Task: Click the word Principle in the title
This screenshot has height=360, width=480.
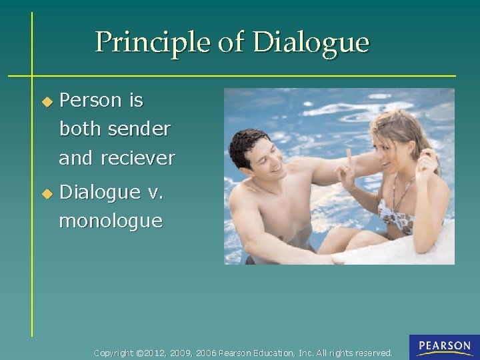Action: click(153, 43)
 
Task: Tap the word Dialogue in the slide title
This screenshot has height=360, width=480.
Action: click(311, 43)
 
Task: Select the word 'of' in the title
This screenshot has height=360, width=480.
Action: click(231, 43)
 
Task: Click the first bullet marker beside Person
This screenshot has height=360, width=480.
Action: click(46, 102)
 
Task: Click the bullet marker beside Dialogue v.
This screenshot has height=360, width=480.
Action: click(46, 194)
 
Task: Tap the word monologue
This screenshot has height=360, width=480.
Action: click(111, 221)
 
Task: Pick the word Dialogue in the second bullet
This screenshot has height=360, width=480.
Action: click(101, 193)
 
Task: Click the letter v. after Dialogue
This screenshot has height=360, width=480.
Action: click(155, 193)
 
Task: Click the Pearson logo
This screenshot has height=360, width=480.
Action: click(444, 347)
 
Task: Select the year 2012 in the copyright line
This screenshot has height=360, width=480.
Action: click(155, 353)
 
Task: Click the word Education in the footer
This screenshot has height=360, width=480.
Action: click(271, 353)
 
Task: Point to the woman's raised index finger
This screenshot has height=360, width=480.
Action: click(348, 158)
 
